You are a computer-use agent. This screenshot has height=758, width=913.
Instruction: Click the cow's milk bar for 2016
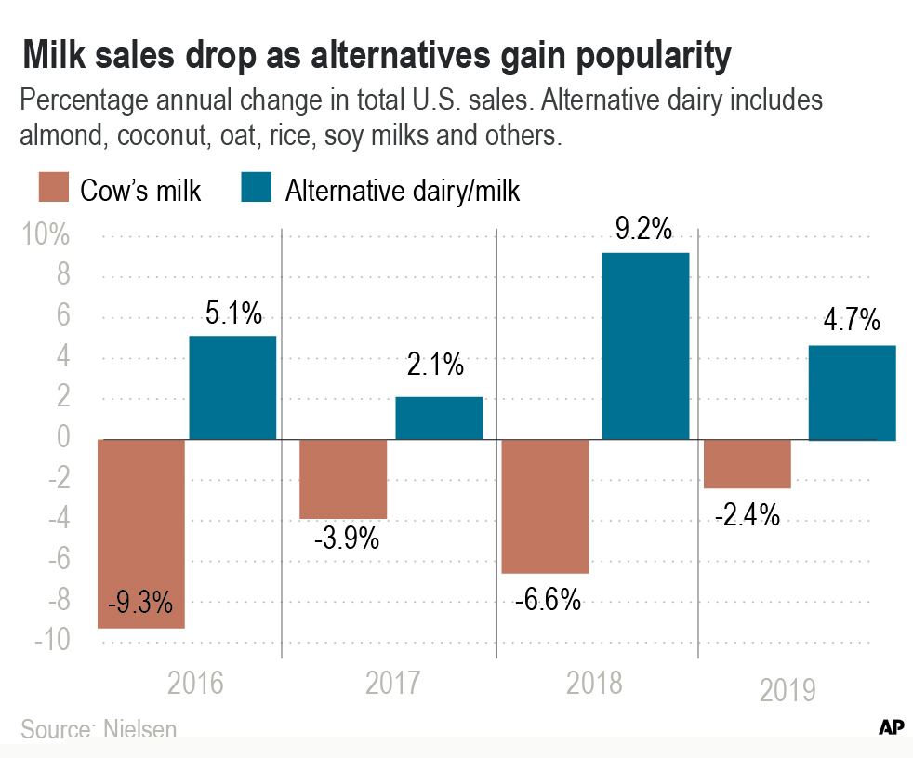[x=141, y=534]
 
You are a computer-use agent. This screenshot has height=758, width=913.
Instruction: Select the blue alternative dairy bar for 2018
[x=645, y=346]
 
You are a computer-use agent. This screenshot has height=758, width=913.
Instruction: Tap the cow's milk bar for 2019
[x=748, y=463]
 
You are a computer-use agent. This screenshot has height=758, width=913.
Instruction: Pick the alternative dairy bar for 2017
[x=439, y=418]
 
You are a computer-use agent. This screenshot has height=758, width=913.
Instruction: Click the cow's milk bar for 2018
[x=545, y=506]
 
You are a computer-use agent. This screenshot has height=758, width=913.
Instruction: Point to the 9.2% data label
[x=643, y=229]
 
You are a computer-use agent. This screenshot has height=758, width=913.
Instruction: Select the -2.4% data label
[x=747, y=514]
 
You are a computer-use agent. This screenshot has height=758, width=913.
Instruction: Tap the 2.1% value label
[x=434, y=366]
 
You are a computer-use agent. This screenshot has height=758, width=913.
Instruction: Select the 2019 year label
[x=787, y=690]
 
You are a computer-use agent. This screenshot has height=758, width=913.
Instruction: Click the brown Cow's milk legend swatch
[x=52, y=189]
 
